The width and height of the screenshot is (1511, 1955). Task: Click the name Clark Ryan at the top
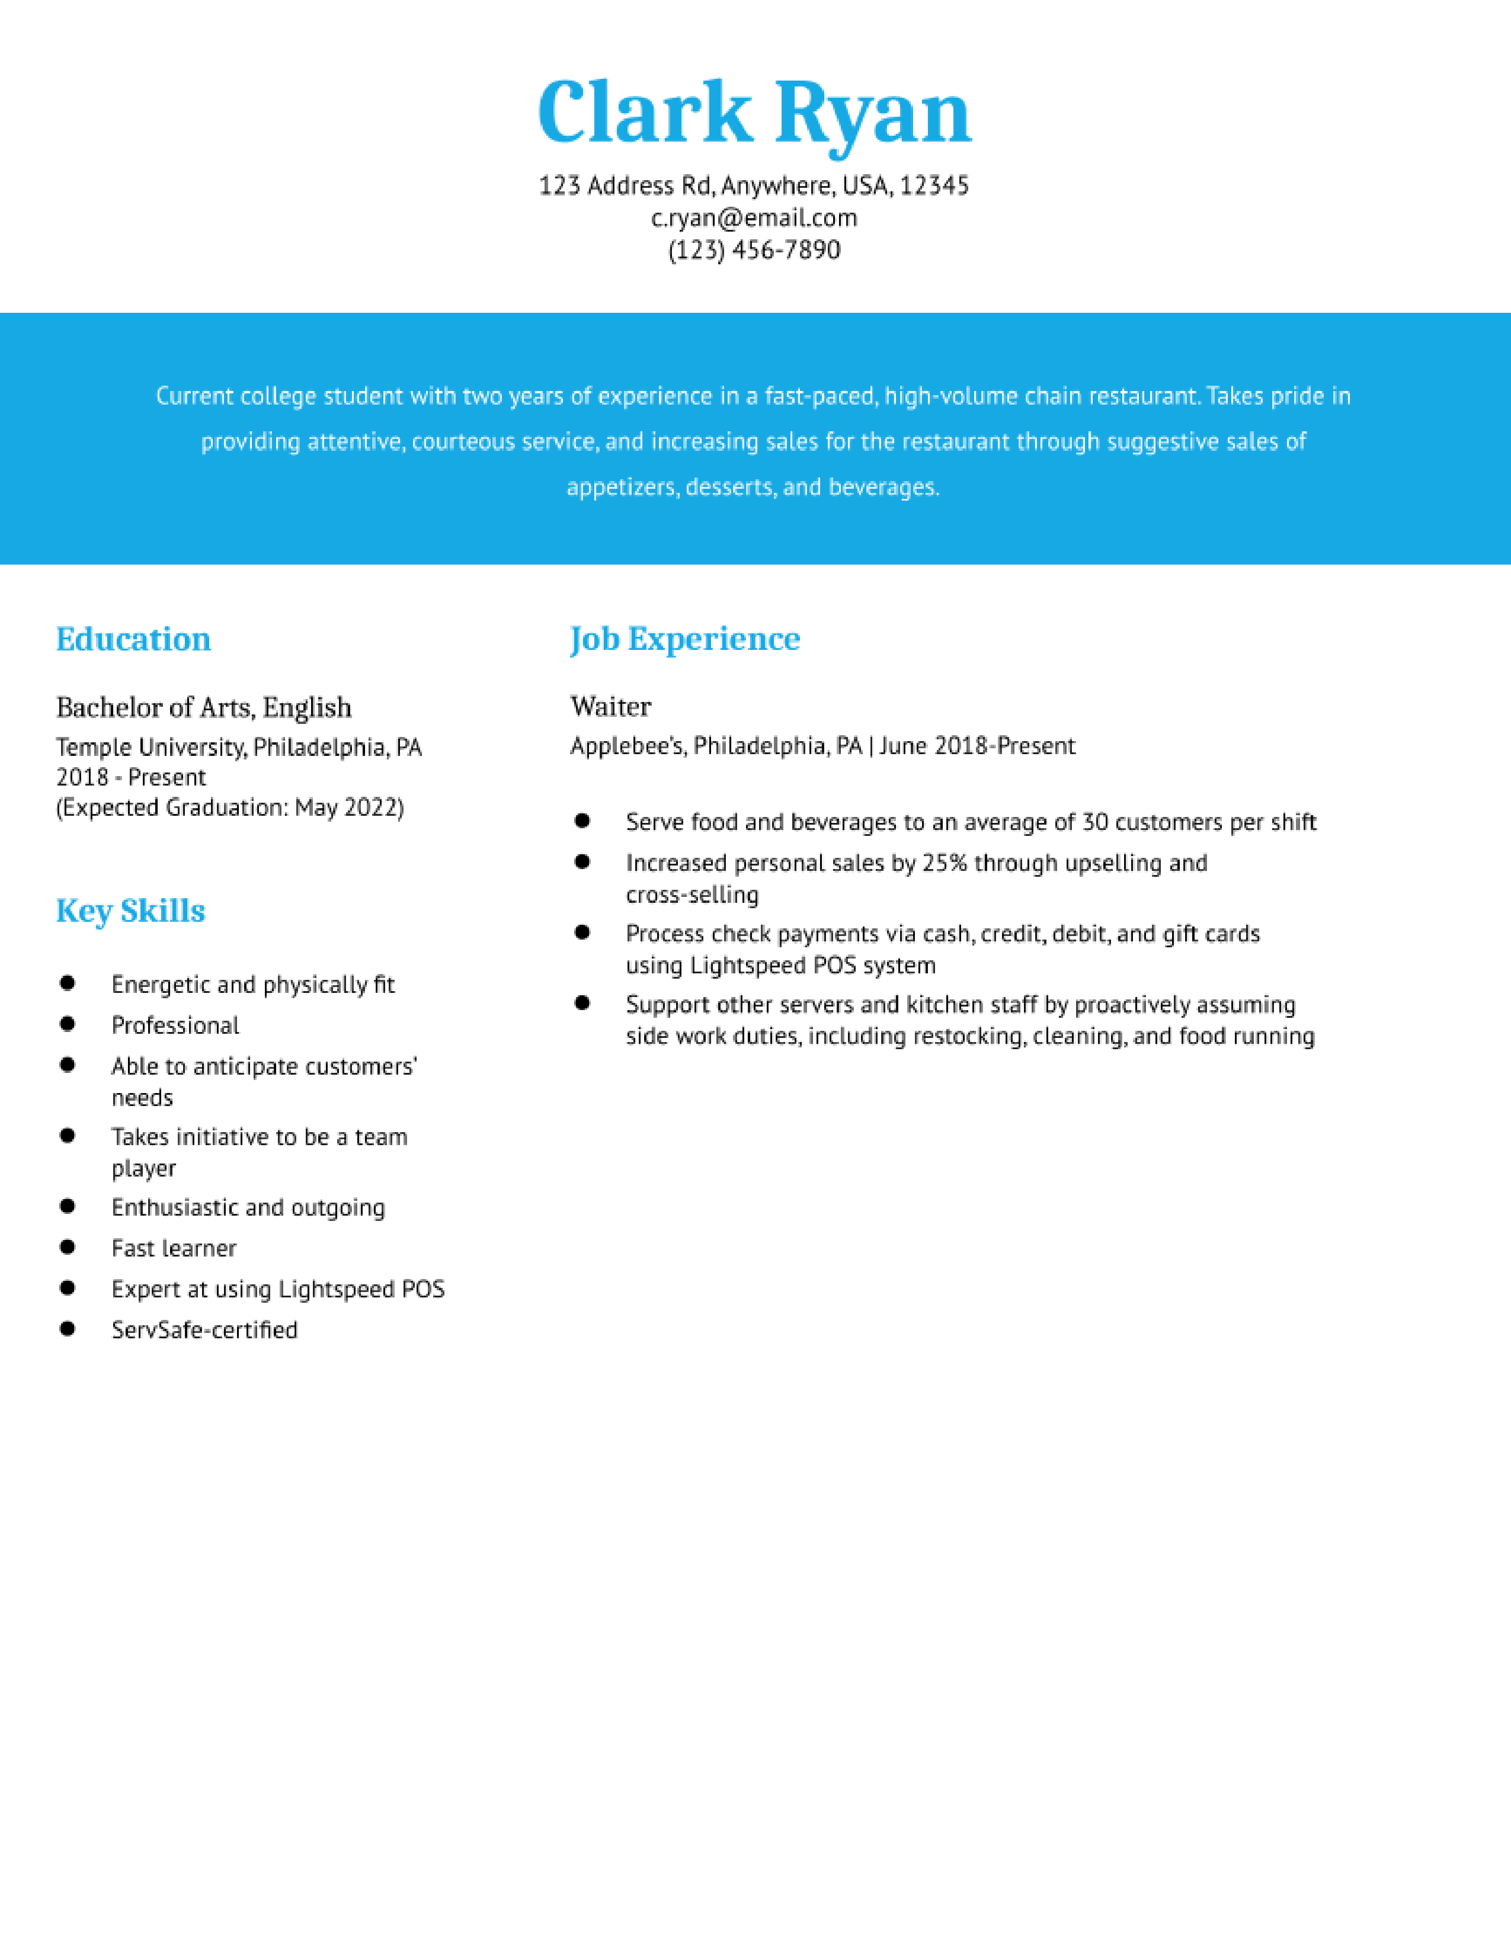754,114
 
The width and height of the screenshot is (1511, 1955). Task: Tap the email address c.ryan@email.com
754,217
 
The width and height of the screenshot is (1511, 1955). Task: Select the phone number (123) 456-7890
754,250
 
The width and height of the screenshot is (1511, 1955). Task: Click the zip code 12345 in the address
934,186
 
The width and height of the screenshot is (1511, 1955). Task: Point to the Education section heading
133,639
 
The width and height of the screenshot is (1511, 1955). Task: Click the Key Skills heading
131,911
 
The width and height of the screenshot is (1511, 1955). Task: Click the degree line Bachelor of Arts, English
204,707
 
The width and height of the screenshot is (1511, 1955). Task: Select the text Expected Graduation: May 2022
230,807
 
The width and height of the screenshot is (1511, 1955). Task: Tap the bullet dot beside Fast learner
67,1247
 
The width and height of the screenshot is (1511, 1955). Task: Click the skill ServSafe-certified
204,1329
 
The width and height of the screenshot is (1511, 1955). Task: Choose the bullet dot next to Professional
67,1024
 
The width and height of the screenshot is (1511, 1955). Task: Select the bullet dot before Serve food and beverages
582,821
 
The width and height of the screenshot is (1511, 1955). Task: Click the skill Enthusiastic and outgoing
248,1207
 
